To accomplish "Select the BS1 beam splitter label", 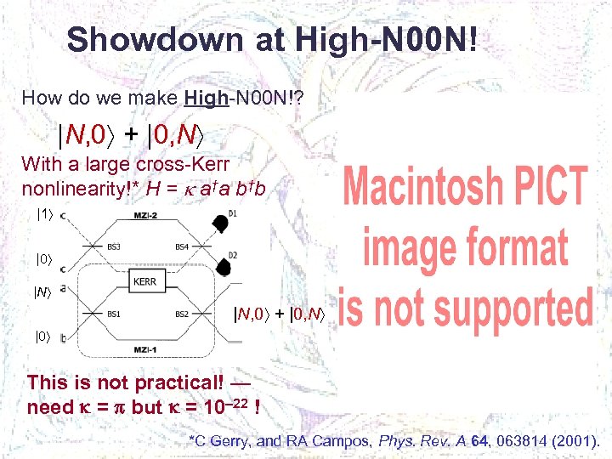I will point(112,314).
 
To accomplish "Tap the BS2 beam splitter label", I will point(182,314).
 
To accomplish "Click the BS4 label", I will point(182,246).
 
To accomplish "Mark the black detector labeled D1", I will point(219,224).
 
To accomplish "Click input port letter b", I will point(65,339).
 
